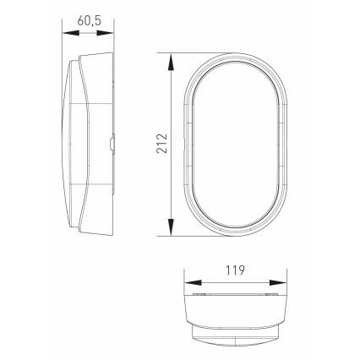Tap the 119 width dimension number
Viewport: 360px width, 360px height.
[x=232, y=271]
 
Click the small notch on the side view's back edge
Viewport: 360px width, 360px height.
[x=113, y=145]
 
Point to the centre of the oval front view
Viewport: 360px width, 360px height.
[x=233, y=145]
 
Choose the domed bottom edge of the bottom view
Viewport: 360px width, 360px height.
[x=233, y=341]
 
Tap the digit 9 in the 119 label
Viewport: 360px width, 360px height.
[x=241, y=271]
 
